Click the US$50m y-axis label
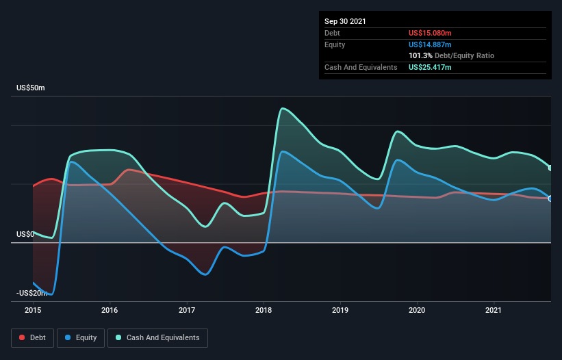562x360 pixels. pyautogui.click(x=31, y=88)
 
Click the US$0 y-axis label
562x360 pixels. pyautogui.click(x=26, y=234)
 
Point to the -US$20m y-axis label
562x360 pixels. pyautogui.click(x=31, y=293)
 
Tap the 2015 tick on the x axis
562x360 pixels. pyautogui.click(x=33, y=309)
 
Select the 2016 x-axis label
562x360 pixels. pyautogui.click(x=110, y=309)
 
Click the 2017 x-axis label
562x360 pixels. pyautogui.click(x=187, y=309)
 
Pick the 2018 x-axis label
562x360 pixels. pyautogui.click(x=264, y=309)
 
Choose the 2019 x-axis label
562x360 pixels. pyautogui.click(x=340, y=309)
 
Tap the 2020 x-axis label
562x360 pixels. pyautogui.click(x=417, y=309)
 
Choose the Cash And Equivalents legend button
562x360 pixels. pyautogui.click(x=157, y=337)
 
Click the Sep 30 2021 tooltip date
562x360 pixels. pyautogui.click(x=345, y=21)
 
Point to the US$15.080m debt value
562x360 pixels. pyautogui.click(x=430, y=33)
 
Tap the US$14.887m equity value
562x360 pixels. pyautogui.click(x=430, y=44)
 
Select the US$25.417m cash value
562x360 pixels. pyautogui.click(x=430, y=67)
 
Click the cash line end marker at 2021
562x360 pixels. pyautogui.click(x=550, y=168)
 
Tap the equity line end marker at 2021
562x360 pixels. pyautogui.click(x=550, y=198)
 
